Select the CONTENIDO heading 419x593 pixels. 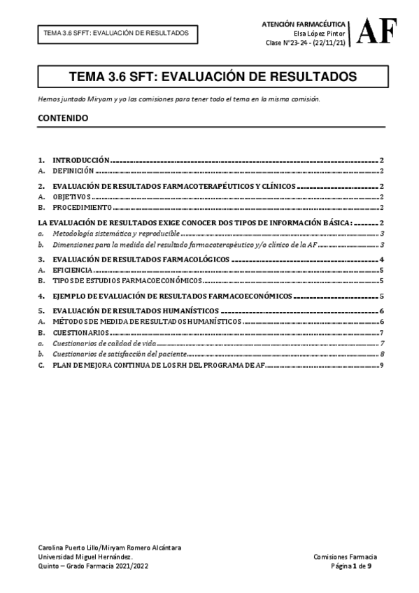click(x=63, y=118)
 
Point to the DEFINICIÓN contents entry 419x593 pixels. click(x=73, y=170)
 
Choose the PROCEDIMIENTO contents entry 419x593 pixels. click(x=83, y=207)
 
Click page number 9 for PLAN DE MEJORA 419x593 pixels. click(x=381, y=365)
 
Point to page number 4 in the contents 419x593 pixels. click(x=381, y=259)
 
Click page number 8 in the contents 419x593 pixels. click(x=381, y=355)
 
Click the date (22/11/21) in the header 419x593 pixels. click(x=327, y=43)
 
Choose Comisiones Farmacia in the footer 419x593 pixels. click(x=346, y=556)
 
